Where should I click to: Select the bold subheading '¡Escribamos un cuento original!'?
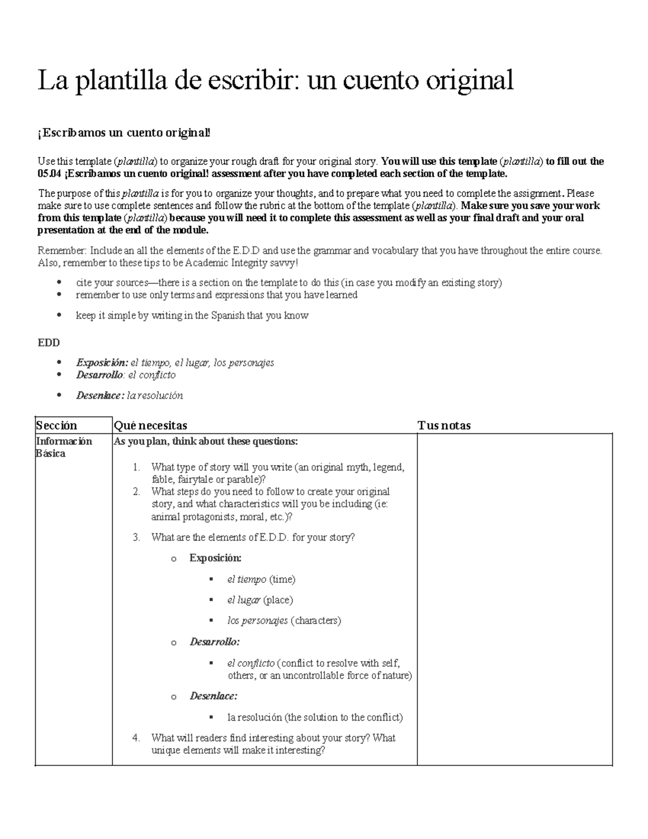click(124, 133)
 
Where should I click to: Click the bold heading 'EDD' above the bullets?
click(48, 343)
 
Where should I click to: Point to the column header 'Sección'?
click(57, 426)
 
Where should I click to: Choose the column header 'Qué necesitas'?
click(151, 426)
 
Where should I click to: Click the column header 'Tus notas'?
click(444, 426)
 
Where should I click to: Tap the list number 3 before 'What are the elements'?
click(137, 538)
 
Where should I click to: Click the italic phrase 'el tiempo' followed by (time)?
click(247, 580)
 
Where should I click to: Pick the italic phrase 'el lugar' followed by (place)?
click(244, 600)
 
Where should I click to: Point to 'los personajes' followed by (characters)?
click(258, 621)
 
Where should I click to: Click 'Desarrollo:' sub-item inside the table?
click(214, 642)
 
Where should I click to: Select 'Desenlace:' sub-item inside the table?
click(213, 696)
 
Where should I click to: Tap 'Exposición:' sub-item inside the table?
click(215, 558)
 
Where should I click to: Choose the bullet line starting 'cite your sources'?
click(289, 283)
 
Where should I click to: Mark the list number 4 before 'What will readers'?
click(137, 738)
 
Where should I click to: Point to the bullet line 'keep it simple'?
click(192, 316)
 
